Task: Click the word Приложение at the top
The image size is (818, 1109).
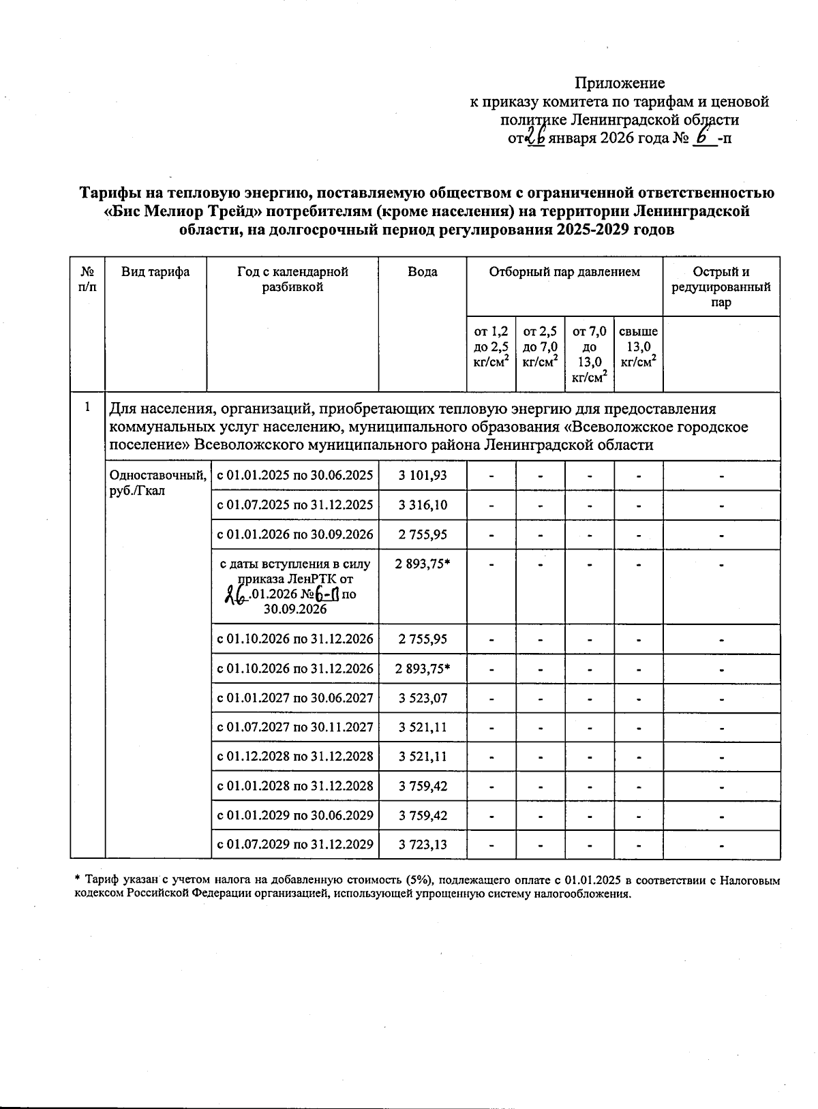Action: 620,83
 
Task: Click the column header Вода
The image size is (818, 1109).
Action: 423,272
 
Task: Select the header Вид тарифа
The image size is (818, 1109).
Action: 155,272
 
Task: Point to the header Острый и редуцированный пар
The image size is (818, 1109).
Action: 721,287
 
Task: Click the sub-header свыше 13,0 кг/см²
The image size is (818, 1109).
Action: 638,347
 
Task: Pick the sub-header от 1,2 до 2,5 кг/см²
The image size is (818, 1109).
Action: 491,347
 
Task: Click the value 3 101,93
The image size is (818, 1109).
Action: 423,475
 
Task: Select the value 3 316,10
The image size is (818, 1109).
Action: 423,505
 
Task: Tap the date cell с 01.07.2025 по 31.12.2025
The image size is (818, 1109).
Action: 295,505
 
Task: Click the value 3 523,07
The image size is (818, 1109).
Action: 423,698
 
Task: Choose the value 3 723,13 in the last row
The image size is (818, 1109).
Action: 423,844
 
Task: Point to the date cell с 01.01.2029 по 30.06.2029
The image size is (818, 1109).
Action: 295,815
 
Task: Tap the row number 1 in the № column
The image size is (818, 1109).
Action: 87,408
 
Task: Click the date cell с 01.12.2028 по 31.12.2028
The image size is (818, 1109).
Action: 295,756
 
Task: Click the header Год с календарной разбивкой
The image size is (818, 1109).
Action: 292,279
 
